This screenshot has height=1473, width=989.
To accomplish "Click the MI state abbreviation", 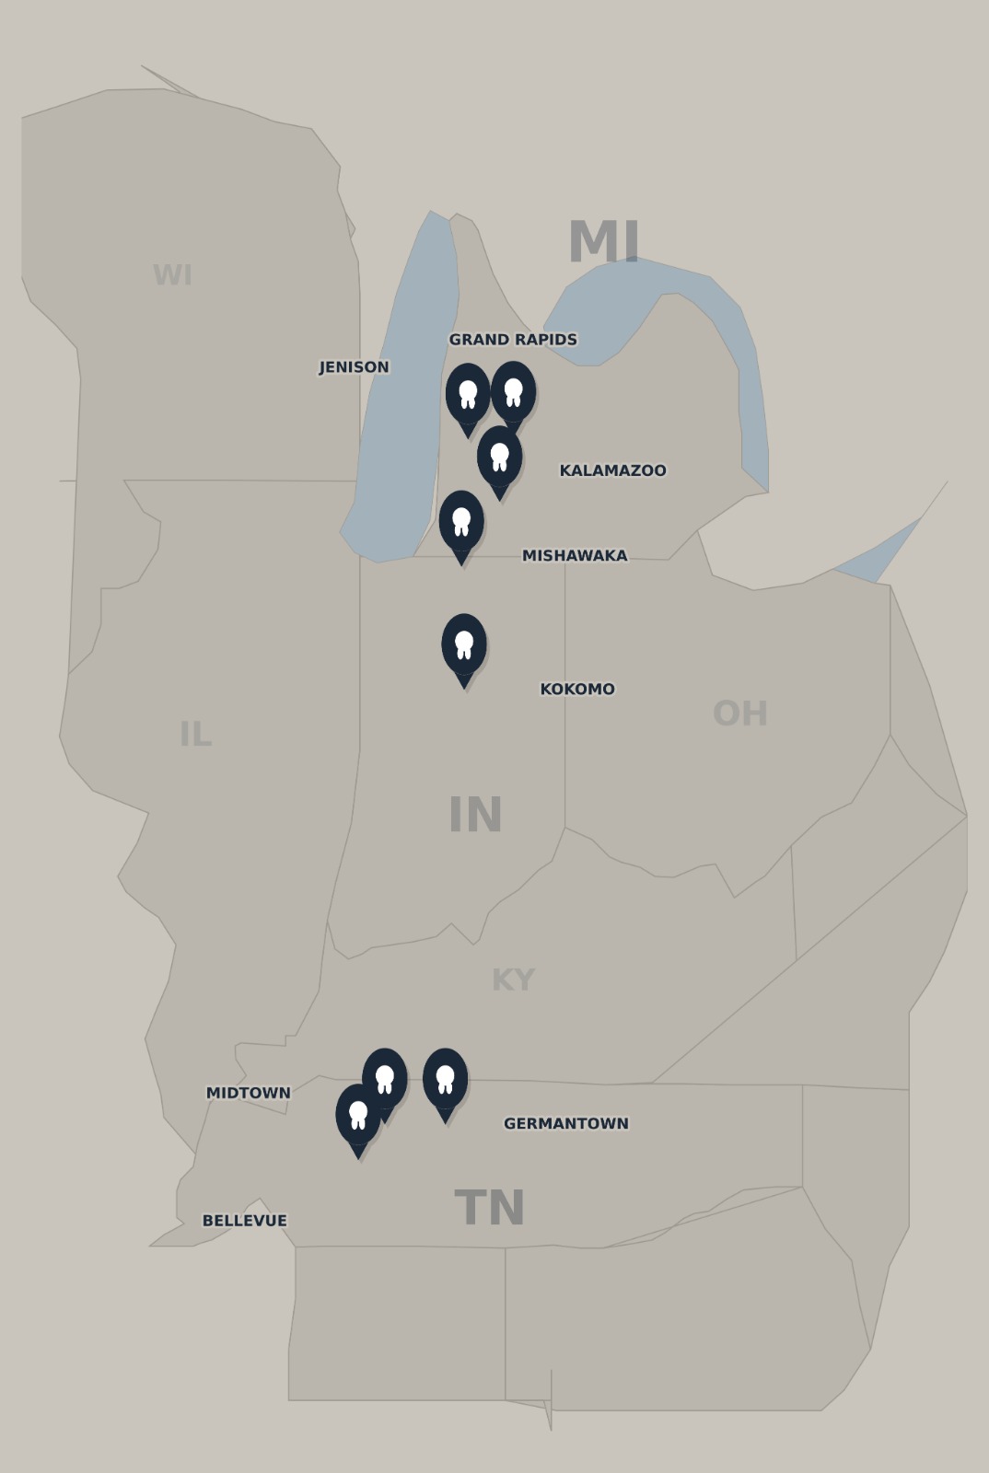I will pyautogui.click(x=604, y=243).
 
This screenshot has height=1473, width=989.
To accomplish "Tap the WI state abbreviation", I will pyautogui.click(x=172, y=275).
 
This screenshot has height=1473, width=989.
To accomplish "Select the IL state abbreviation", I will pyautogui.click(x=195, y=735).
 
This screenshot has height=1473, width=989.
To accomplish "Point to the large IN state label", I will pyautogui.click(x=475, y=816).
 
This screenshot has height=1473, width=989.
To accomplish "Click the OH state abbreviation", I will pyautogui.click(x=740, y=713).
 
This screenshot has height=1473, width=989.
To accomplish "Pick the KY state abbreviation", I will pyautogui.click(x=513, y=980).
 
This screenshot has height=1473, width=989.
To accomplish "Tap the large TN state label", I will pyautogui.click(x=490, y=1209).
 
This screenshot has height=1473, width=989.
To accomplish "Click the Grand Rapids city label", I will pyautogui.click(x=513, y=340).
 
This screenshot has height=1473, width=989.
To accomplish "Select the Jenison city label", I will pyautogui.click(x=354, y=367).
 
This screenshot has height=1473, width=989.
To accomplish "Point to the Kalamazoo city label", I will pyautogui.click(x=612, y=470).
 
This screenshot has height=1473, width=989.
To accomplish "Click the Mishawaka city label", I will pyautogui.click(x=575, y=556).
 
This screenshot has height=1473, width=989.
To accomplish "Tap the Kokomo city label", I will pyautogui.click(x=577, y=690).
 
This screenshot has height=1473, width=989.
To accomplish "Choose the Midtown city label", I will pyautogui.click(x=248, y=1094).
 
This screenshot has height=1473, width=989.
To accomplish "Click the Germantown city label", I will pyautogui.click(x=566, y=1124).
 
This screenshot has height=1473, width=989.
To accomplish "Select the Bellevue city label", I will pyautogui.click(x=245, y=1221).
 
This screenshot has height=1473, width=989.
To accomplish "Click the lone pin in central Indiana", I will pyautogui.click(x=464, y=644).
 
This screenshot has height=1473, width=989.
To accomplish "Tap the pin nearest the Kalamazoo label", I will pyautogui.click(x=500, y=457).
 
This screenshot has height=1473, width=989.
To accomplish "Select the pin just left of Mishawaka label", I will pyautogui.click(x=461, y=521).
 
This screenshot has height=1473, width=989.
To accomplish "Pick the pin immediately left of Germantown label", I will pyautogui.click(x=446, y=1079).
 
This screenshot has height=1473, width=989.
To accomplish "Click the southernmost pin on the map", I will pyautogui.click(x=358, y=1115).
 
